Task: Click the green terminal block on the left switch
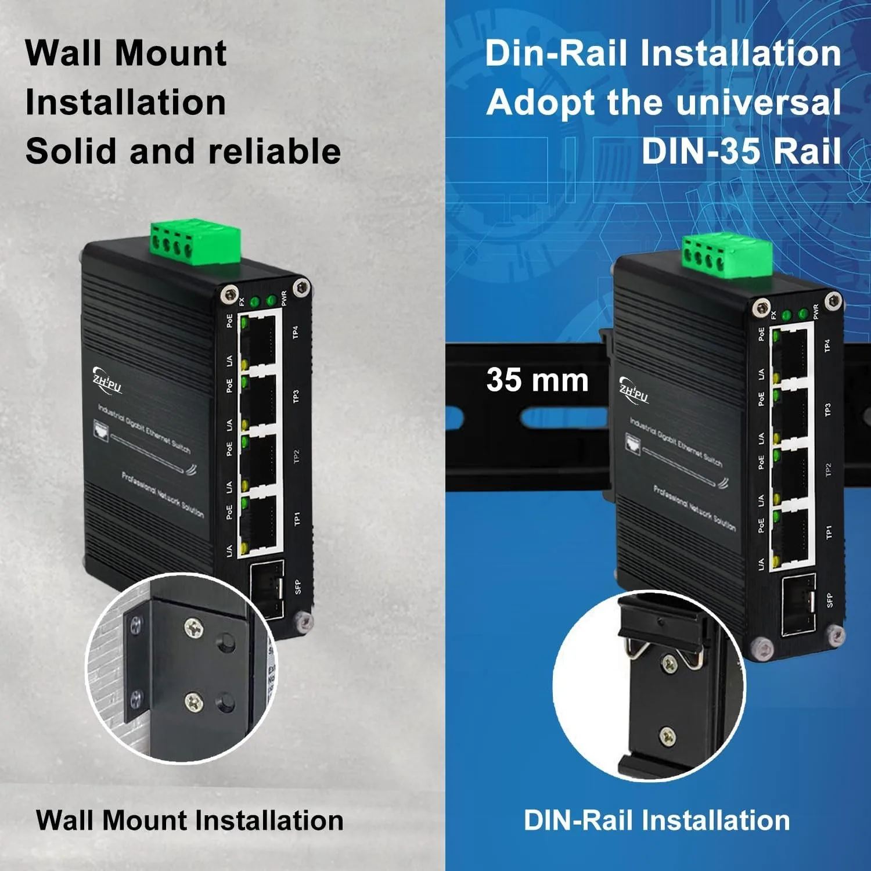pos(195,242)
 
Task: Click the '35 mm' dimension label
pos(537,380)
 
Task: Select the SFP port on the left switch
pos(267,588)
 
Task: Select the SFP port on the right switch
pos(798,604)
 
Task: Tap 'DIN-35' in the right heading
pos(700,152)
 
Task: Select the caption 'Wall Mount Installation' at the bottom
pos(189,820)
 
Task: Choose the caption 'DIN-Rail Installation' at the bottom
pos(657,820)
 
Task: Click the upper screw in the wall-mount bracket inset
pos(193,628)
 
